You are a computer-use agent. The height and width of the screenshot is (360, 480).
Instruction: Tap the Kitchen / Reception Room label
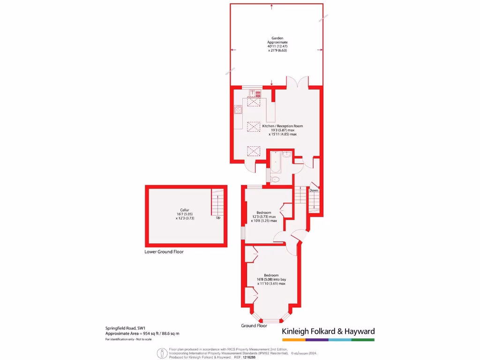point(282,126)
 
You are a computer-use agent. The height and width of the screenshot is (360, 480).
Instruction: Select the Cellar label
point(185,210)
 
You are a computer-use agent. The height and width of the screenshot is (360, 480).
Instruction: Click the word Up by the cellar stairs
point(218,218)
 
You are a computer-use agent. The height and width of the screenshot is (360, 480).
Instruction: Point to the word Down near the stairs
point(314,190)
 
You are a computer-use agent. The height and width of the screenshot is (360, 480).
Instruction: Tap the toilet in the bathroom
point(276,180)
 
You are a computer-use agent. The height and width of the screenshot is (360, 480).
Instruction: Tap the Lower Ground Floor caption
point(164,252)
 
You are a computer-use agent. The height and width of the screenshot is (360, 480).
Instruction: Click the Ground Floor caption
point(254,325)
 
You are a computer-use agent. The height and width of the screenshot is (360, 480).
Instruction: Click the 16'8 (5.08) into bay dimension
point(271,279)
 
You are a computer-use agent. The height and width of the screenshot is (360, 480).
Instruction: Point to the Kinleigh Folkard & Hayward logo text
point(328,331)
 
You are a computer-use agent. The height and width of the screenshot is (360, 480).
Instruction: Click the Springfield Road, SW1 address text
point(125,328)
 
